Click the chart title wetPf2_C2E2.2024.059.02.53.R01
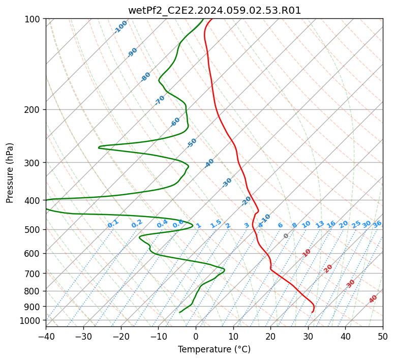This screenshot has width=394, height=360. coord(215,11)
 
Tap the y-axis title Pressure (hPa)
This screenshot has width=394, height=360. coord(9,173)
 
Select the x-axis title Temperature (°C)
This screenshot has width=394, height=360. coord(215,349)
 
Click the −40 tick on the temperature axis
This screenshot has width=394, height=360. coord(46,336)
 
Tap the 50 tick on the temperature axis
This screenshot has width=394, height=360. coord(383,336)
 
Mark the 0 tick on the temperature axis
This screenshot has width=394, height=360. coord(196,336)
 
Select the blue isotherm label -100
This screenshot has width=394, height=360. coord(120,27)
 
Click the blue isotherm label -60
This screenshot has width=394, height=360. coord(175,122)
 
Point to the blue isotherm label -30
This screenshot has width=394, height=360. coord(227,183)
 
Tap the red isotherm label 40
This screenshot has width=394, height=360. coord(373,299)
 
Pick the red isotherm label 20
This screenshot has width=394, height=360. coord(328,269)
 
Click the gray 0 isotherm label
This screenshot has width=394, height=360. coord(286,236)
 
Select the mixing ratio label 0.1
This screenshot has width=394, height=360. coord(113,224)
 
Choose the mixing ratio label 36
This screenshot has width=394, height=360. coord(377,224)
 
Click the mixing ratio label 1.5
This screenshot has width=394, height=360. coord(216,224)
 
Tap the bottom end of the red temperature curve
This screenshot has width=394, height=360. coord(312,312)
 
